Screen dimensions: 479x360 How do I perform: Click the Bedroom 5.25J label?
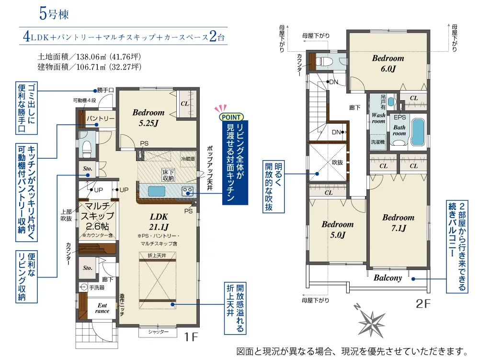click(148, 117)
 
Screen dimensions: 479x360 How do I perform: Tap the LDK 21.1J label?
click(159, 221)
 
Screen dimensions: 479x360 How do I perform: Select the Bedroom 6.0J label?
click(388, 63)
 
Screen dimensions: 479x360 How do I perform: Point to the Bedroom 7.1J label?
click(399, 222)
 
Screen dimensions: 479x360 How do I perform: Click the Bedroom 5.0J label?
click(338, 230)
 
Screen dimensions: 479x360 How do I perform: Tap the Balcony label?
click(388, 278)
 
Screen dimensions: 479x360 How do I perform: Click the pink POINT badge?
click(231, 117)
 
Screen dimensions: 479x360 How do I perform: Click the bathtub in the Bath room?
click(418, 132)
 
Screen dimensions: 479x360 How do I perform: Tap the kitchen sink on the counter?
click(157, 191)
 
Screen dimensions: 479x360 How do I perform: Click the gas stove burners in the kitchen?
click(187, 191)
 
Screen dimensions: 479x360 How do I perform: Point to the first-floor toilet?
click(87, 149)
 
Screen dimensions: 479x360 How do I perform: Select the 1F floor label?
click(192, 337)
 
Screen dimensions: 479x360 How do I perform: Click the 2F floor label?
click(423, 304)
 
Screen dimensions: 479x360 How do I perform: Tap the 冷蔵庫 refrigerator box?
click(188, 159)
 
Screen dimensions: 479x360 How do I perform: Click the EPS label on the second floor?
click(400, 117)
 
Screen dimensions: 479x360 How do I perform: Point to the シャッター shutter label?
click(158, 332)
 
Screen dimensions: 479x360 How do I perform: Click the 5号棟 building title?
click(54, 14)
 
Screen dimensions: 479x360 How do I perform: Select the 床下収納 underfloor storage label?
click(168, 175)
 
